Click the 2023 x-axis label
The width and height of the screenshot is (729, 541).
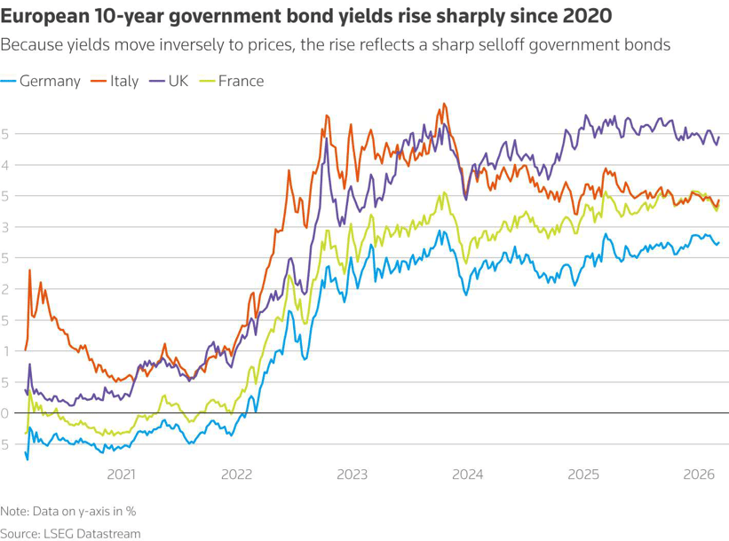click(x=352, y=474)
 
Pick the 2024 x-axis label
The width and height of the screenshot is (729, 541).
click(x=467, y=474)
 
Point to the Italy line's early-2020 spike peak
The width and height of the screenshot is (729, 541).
click(x=30, y=270)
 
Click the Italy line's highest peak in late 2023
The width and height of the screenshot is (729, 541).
click(x=443, y=104)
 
